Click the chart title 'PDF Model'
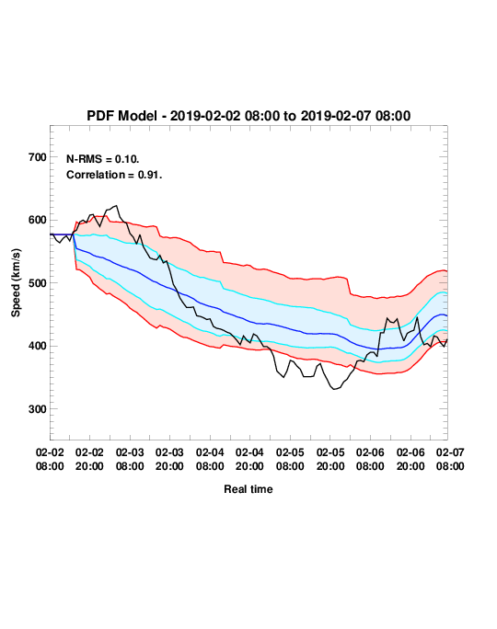121,116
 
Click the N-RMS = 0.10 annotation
103,159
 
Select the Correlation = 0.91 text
114,175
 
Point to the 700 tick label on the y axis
38,157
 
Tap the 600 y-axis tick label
38,220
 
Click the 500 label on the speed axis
38,283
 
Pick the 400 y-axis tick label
38,346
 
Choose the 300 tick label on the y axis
38,409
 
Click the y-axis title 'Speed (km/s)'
16,283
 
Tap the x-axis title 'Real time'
248,489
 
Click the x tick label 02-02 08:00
50,459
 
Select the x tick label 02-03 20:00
169,459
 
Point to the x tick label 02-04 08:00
210,459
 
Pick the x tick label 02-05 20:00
330,459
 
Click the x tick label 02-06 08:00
370,459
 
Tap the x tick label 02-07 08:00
450,459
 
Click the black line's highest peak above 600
116,206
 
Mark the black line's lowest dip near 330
334,389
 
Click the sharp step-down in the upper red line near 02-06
349,286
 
